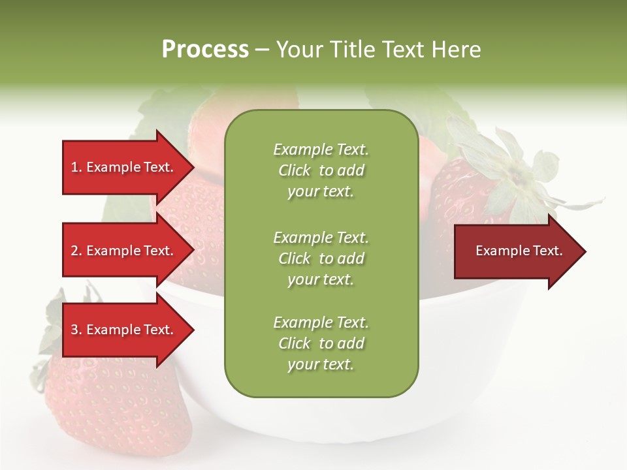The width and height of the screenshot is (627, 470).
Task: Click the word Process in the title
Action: [x=205, y=50]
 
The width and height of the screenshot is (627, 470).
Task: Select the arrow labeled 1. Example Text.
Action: [x=124, y=167]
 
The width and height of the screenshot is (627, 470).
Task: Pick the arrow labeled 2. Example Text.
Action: [x=124, y=251]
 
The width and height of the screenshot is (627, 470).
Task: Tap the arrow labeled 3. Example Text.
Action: [x=124, y=330]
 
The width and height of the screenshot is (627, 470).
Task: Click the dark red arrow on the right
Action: [x=516, y=251]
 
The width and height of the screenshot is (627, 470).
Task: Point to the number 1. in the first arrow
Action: [x=76, y=167]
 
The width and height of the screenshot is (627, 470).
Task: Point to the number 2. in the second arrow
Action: [x=76, y=251]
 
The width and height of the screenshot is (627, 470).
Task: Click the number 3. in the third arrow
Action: [x=76, y=330]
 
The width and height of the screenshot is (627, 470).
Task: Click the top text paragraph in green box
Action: [x=321, y=170]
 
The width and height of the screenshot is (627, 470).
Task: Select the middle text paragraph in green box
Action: [x=321, y=258]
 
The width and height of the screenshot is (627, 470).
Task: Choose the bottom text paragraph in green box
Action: [x=321, y=343]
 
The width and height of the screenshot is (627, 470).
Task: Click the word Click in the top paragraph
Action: [x=295, y=171]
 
